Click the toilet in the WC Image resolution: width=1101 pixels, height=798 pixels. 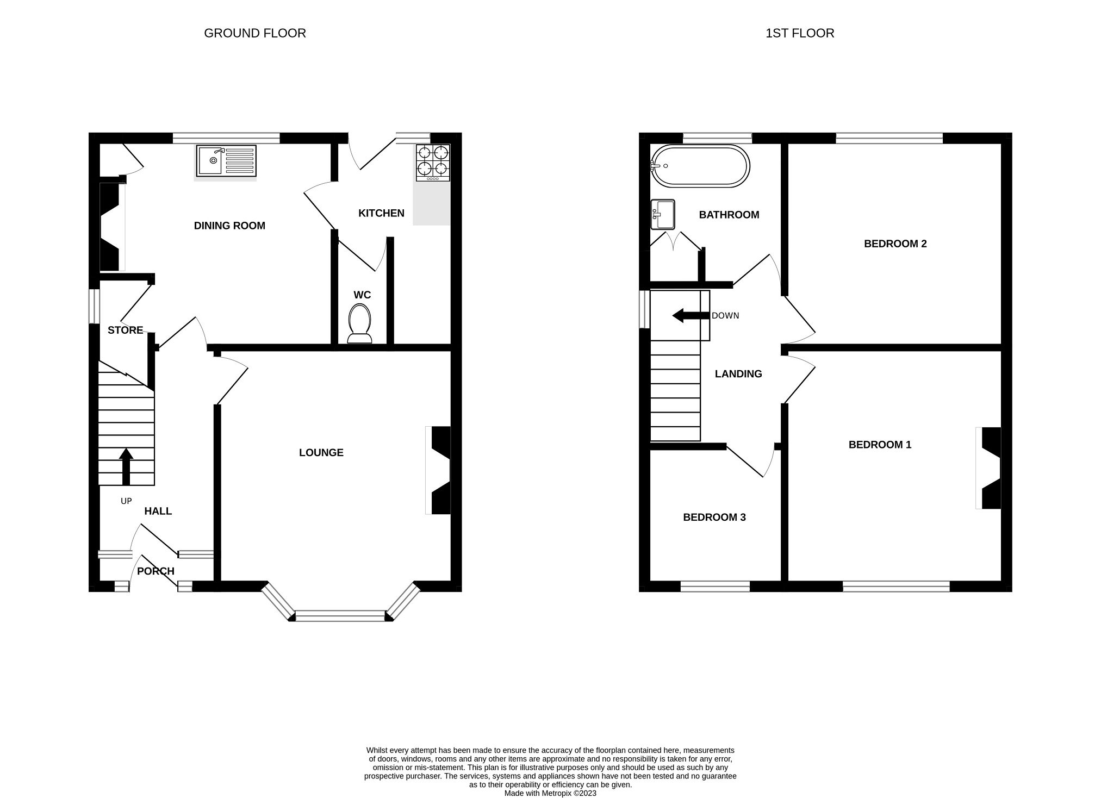[x=359, y=324]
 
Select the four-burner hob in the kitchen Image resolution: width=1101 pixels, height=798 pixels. [x=433, y=163]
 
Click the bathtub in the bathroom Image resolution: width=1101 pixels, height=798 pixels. [x=700, y=166]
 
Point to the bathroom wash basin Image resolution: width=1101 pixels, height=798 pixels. [x=663, y=215]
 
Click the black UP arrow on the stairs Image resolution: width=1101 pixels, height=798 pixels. [x=126, y=466]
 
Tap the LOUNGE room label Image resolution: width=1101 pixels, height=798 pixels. [x=321, y=452]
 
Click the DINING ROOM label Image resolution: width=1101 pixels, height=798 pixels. [x=229, y=226]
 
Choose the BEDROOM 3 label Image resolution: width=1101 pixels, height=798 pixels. [x=714, y=517]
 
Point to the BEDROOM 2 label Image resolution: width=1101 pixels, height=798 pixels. [x=895, y=244]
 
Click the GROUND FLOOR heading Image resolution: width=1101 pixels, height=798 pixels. [x=254, y=33]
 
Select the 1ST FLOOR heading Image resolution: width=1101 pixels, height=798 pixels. [x=799, y=33]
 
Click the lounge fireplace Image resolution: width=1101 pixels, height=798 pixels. [x=439, y=470]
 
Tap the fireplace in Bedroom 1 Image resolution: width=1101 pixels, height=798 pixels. [x=990, y=468]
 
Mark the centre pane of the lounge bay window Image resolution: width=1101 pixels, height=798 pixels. [x=340, y=615]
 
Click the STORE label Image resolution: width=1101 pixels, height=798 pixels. [x=125, y=330]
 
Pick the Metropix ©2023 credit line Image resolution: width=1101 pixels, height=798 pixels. [x=550, y=793]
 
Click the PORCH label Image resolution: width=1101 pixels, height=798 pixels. [x=155, y=571]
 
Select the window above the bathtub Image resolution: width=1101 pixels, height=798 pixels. [x=717, y=138]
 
